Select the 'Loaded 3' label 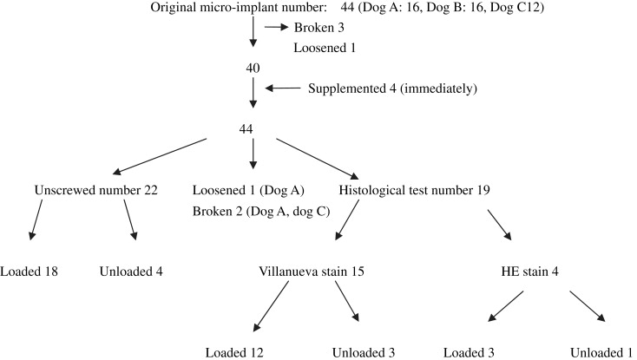tap(472, 351)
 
